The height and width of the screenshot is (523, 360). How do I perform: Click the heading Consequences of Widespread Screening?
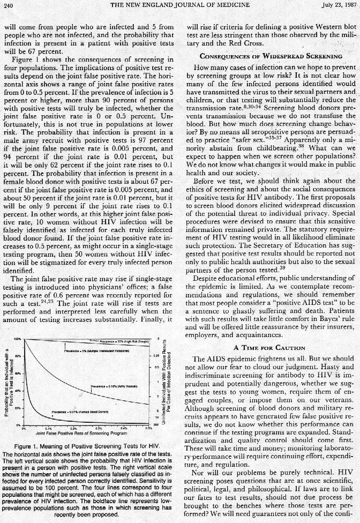(x=271, y=56)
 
